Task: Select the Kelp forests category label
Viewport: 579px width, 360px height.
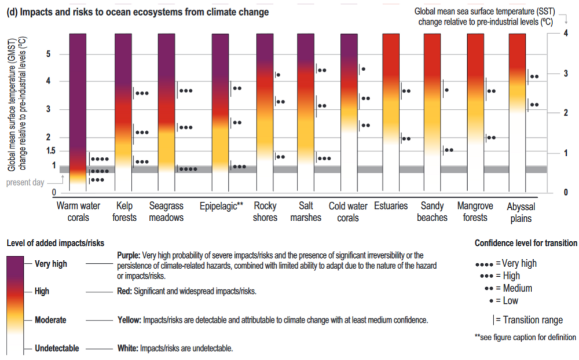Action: [x=126, y=211]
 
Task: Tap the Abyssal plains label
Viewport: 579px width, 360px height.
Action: [x=520, y=212]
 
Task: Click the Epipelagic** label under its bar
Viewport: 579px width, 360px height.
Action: [x=221, y=205]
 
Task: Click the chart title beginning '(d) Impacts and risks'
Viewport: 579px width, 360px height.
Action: [x=137, y=12]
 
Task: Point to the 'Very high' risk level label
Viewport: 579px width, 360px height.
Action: [x=51, y=264]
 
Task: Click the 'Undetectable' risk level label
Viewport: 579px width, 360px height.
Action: [x=57, y=348]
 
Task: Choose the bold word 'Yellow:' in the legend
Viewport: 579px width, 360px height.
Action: [x=129, y=320]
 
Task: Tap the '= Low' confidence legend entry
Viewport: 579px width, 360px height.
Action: [x=506, y=300]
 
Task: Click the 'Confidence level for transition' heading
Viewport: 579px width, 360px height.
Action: [x=525, y=243]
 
